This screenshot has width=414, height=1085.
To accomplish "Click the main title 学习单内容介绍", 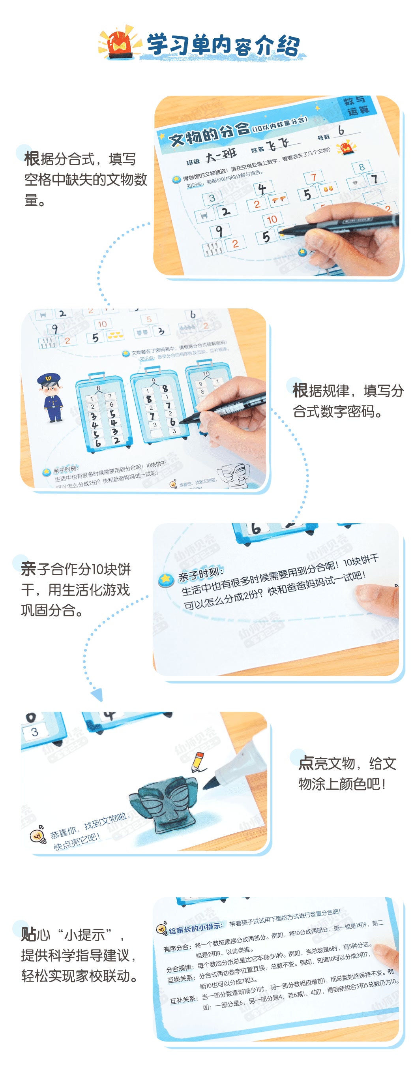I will tap(223, 45).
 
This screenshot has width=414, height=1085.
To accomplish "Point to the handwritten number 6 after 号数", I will tap(341, 131).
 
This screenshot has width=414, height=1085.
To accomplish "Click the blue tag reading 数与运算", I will tap(356, 106).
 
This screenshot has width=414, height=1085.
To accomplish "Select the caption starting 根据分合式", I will tap(84, 179).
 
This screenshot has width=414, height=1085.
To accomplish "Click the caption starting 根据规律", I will tap(347, 400).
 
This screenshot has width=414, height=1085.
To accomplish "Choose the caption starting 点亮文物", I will tap(347, 773).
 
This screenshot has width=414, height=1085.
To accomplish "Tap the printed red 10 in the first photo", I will tap(272, 220).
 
